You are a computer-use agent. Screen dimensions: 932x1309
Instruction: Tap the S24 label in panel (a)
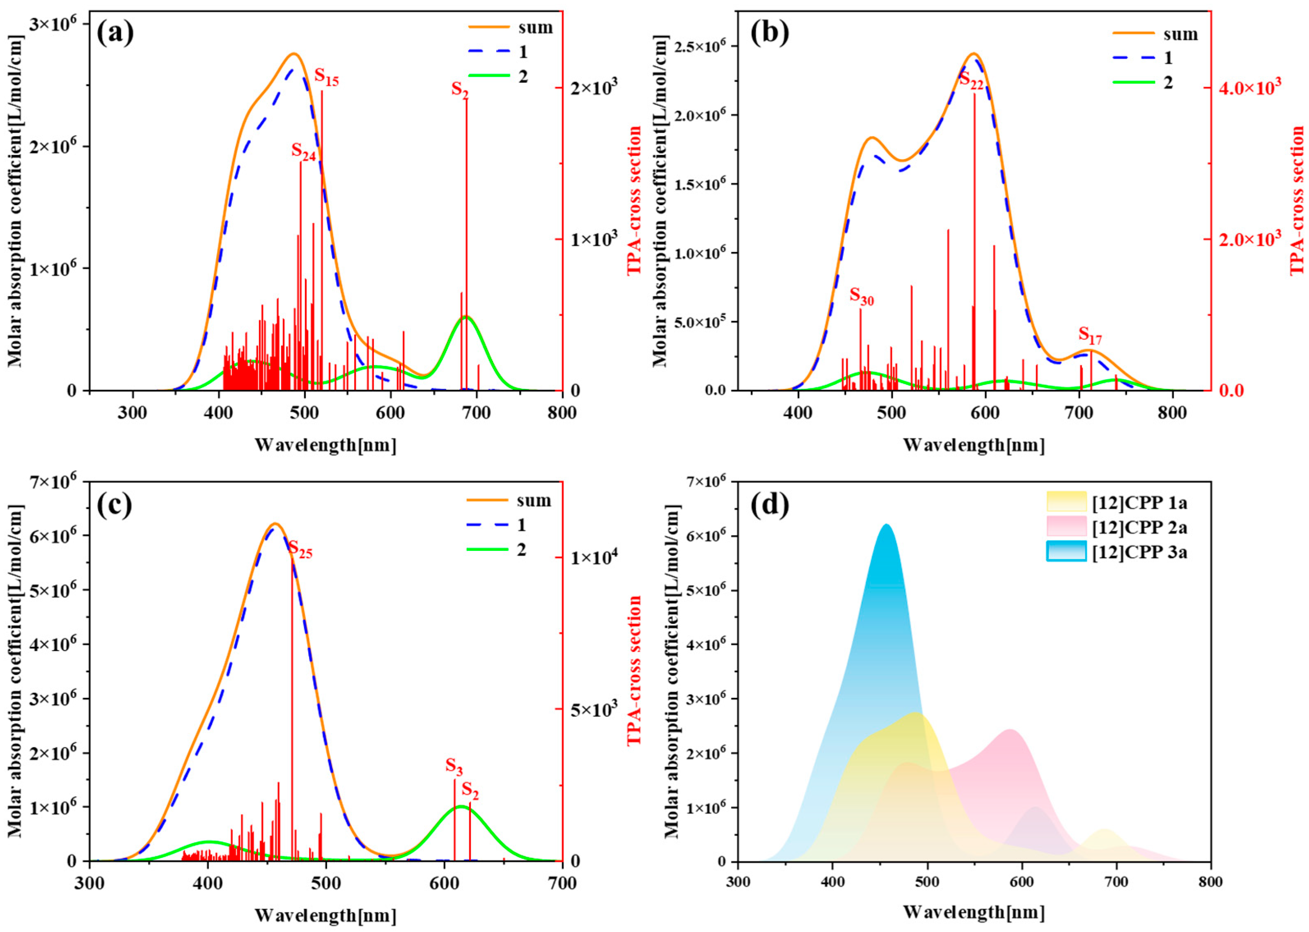[x=303, y=151]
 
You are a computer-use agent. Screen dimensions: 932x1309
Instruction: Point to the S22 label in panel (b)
[x=972, y=81]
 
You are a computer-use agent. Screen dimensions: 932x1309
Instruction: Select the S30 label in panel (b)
[x=861, y=297]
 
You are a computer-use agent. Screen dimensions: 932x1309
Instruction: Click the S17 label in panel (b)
[x=1090, y=335]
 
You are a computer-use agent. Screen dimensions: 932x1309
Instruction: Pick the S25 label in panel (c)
[x=300, y=550]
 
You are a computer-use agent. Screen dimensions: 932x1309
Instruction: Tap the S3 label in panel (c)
[x=454, y=766]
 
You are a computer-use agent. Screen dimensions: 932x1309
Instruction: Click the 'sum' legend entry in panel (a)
[x=511, y=27]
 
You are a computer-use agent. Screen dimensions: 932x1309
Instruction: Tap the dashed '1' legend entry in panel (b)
[x=1148, y=58]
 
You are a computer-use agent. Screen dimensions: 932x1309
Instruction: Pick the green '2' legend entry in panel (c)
[x=497, y=550]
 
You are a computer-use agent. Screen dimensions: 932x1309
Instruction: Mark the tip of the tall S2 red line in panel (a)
[x=466, y=99]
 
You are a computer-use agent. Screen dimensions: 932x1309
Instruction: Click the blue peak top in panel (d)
[x=887, y=525]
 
